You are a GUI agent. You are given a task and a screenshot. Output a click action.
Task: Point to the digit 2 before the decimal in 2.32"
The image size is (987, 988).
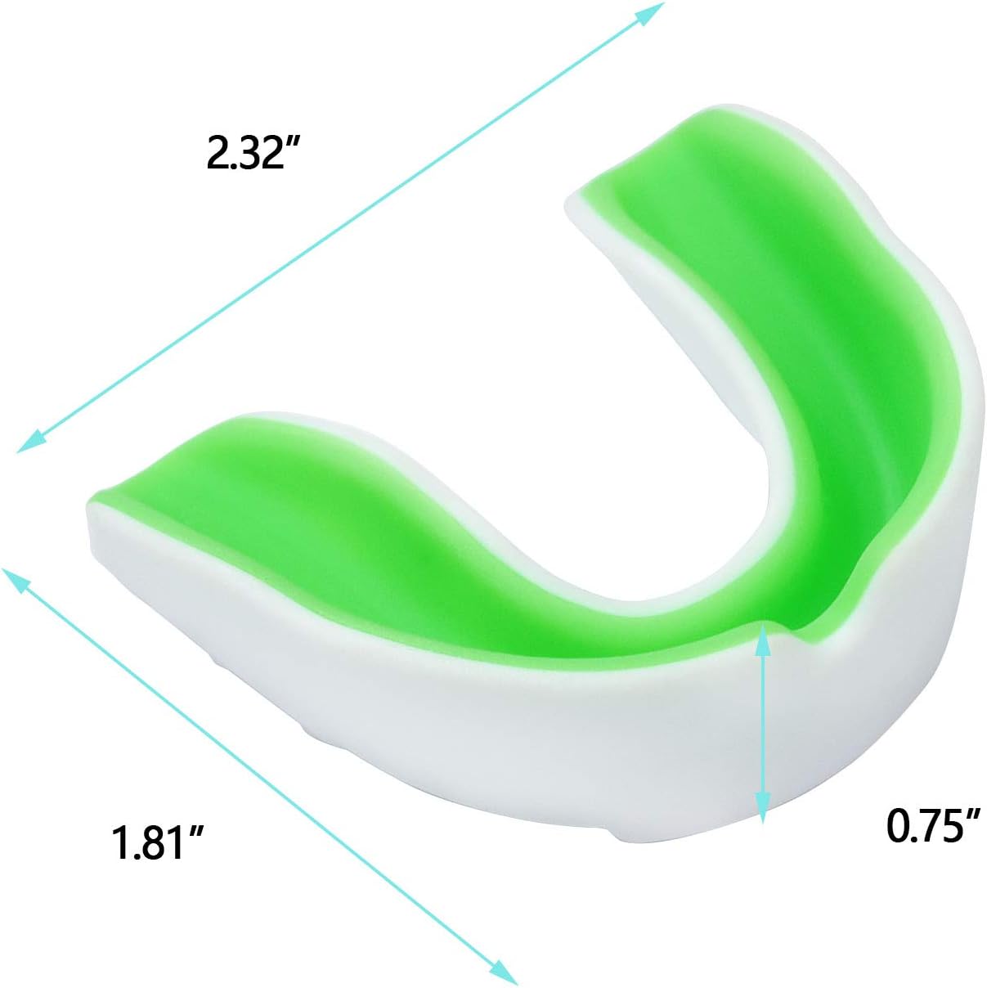pos(216,153)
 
